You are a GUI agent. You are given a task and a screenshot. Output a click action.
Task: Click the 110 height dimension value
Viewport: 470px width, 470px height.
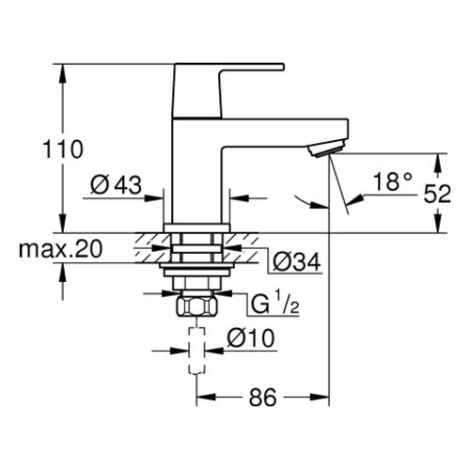[63, 149]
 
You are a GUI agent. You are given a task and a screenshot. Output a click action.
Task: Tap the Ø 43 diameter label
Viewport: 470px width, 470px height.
[116, 184]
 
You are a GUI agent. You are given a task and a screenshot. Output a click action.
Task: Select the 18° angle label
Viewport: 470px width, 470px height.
[392, 181]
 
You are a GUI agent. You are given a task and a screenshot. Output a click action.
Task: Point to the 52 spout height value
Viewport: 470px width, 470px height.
[437, 194]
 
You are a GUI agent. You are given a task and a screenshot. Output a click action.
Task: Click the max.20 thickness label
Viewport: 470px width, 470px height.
[60, 249]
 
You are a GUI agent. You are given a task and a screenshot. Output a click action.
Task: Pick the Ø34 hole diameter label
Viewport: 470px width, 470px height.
[296, 261]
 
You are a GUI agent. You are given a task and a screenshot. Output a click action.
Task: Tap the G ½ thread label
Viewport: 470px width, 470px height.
[275, 303]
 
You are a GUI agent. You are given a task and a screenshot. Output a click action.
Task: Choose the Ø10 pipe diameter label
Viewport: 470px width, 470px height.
[251, 338]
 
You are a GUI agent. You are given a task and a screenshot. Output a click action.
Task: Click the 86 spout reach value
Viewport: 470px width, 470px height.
[263, 397]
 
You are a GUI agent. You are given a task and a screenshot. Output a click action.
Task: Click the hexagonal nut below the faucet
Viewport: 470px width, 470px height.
[196, 306]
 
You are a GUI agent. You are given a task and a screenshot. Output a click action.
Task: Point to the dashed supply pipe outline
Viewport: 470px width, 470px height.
[196, 351]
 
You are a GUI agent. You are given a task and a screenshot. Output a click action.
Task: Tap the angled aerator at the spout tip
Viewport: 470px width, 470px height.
[326, 149]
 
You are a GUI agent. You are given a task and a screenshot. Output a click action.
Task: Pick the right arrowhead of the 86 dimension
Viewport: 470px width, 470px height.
[320, 397]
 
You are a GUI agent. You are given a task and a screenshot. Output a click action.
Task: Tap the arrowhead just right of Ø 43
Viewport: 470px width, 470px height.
[154, 198]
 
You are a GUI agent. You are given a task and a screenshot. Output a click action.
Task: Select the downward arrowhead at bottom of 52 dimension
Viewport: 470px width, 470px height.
[438, 223]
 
